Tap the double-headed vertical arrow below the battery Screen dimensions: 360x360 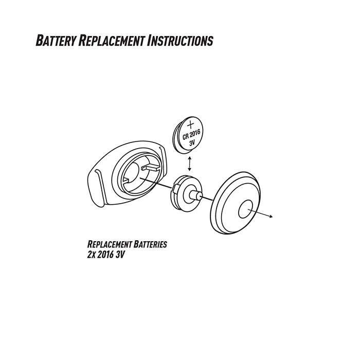point(190,163)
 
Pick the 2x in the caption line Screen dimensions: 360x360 point(93,255)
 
